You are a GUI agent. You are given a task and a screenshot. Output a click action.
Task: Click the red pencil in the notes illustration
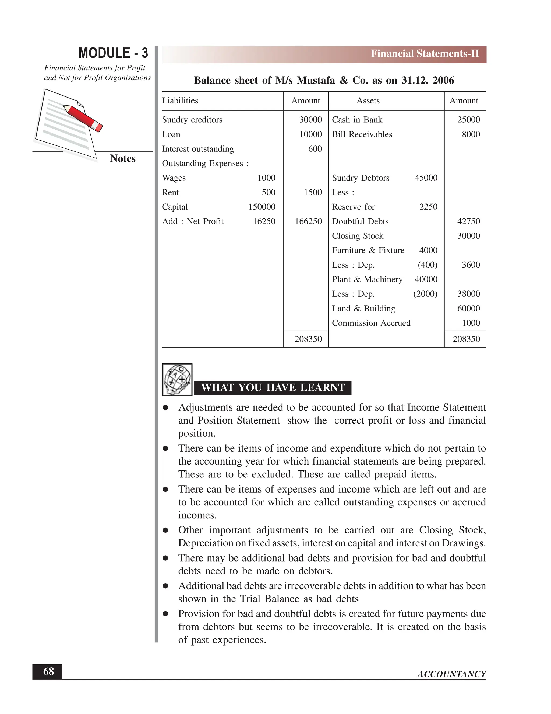pyautogui.click(x=83, y=118)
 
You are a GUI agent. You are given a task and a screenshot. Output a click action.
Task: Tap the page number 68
pyautogui.click(x=48, y=671)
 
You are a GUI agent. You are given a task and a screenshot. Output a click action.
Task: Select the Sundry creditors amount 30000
pyautogui.click(x=310, y=120)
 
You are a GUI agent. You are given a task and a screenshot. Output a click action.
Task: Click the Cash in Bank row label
pyautogui.click(x=357, y=120)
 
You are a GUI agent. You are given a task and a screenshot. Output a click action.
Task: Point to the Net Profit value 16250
pyautogui.click(x=264, y=221)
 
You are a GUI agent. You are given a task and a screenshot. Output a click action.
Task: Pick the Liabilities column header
pyautogui.click(x=180, y=101)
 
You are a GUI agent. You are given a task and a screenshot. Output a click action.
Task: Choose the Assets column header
pyautogui.click(x=368, y=101)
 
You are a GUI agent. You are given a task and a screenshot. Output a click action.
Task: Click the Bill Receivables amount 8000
pyautogui.click(x=471, y=134)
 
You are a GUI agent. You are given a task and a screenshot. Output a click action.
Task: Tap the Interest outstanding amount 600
pyautogui.click(x=315, y=149)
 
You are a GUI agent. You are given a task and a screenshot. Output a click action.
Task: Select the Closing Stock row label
pyautogui.click(x=358, y=236)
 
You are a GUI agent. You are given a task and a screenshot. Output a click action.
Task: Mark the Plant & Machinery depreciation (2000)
pyautogui.click(x=425, y=294)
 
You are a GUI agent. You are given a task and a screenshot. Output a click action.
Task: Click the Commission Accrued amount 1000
pyautogui.click(x=471, y=323)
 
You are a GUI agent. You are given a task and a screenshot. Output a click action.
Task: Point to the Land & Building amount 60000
pyautogui.click(x=468, y=308)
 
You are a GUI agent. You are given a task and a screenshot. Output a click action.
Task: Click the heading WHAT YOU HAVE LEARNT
pyautogui.click(x=273, y=388)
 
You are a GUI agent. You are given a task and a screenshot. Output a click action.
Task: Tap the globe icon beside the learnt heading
pyautogui.click(x=177, y=380)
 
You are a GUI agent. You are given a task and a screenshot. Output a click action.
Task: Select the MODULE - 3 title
pyautogui.click(x=113, y=53)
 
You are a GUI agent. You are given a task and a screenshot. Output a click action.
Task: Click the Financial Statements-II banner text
pyautogui.click(x=425, y=54)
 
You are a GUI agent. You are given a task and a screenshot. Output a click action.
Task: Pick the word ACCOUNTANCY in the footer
pyautogui.click(x=451, y=674)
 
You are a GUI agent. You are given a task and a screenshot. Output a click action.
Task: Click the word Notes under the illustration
pyautogui.click(x=123, y=158)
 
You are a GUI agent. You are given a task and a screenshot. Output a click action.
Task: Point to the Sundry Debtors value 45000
pyautogui.click(x=426, y=178)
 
